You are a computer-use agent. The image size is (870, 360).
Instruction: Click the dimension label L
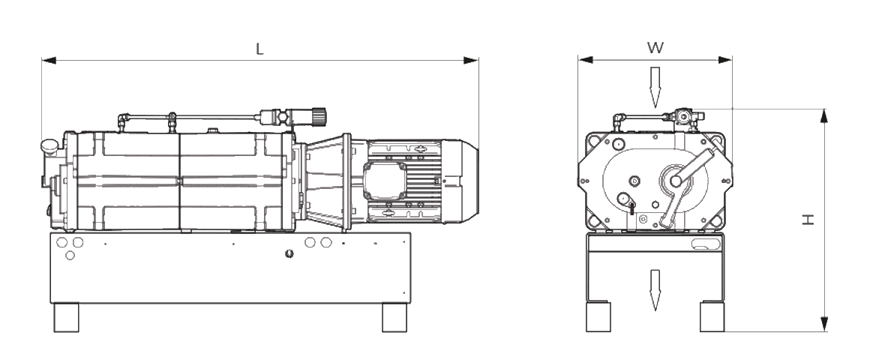pos(260,49)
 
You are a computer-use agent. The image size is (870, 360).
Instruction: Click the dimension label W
pos(655,48)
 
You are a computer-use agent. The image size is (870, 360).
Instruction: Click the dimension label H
pos(808,219)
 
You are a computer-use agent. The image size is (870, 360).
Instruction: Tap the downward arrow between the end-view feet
pos(655,289)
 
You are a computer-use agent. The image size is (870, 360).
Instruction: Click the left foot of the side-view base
pos(66,317)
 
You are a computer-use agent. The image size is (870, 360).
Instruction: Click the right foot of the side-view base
pos(394,317)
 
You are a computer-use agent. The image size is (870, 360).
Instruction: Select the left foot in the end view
pos(598,316)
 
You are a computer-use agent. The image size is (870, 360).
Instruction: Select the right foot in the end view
pos(712,316)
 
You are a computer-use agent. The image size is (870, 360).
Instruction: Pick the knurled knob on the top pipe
pos(319,115)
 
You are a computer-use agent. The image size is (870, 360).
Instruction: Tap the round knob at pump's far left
pos(49,144)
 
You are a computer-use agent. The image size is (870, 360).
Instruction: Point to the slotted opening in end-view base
pos(705,244)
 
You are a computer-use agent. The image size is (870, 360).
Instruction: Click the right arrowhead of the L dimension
pos(473,60)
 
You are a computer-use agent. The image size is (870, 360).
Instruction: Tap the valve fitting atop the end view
pos(684,116)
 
